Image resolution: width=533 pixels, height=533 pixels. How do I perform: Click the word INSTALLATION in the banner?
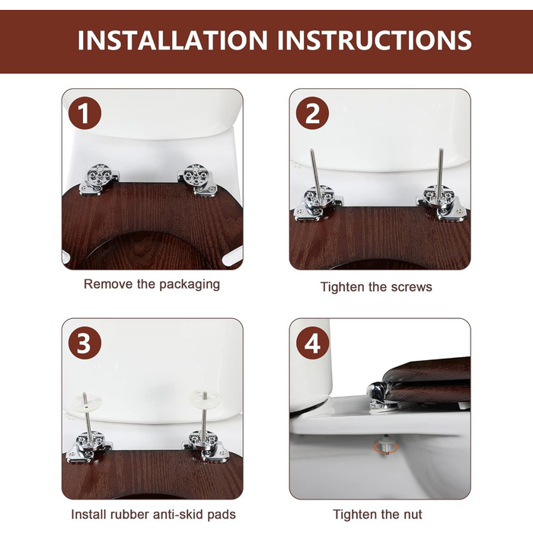[x=173, y=40]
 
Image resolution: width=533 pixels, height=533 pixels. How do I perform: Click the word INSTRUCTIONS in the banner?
[x=375, y=40]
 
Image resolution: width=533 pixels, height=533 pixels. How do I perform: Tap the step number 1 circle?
[x=85, y=113]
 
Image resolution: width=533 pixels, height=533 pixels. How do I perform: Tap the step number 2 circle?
[x=312, y=113]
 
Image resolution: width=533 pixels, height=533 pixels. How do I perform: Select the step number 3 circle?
[x=85, y=343]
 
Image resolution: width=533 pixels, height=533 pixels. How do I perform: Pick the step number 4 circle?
[x=312, y=343]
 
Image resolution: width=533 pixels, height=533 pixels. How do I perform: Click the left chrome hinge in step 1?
[x=99, y=179]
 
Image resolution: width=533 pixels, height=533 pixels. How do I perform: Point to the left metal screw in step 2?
[x=316, y=176]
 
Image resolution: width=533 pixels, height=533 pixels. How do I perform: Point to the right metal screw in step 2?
[x=440, y=176]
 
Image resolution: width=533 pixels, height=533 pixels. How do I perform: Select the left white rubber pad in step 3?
[x=84, y=404]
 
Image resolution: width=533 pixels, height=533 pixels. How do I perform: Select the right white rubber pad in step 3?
[x=205, y=399]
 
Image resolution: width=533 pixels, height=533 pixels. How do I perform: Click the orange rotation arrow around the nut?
[x=386, y=448]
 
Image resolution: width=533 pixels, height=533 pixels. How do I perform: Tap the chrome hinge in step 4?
[x=381, y=395]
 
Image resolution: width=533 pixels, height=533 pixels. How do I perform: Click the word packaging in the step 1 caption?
[x=190, y=285]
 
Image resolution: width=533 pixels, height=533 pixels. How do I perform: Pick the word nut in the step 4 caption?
[x=412, y=515]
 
